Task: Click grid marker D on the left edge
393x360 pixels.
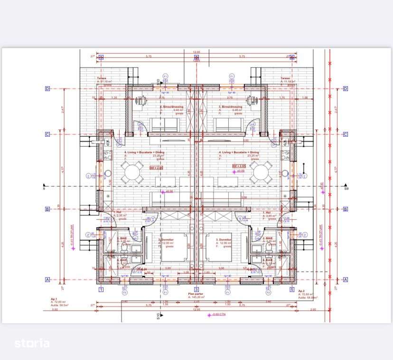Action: coord(47,88)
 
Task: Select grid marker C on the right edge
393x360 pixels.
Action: coord(345,134)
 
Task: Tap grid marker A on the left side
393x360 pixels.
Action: coord(47,280)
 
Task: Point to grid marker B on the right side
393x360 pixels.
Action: coord(345,209)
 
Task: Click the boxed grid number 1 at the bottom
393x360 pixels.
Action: coord(101,289)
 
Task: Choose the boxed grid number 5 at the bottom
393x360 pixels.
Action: coord(291,289)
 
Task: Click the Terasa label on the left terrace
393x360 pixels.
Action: coord(102,78)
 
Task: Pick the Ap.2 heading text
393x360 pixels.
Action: coord(301,291)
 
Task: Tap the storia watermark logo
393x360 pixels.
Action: coord(32,343)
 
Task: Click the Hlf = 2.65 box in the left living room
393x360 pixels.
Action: coord(156,168)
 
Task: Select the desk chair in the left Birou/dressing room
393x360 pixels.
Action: coord(140,100)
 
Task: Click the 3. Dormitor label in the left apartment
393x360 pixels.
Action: coord(166,240)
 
